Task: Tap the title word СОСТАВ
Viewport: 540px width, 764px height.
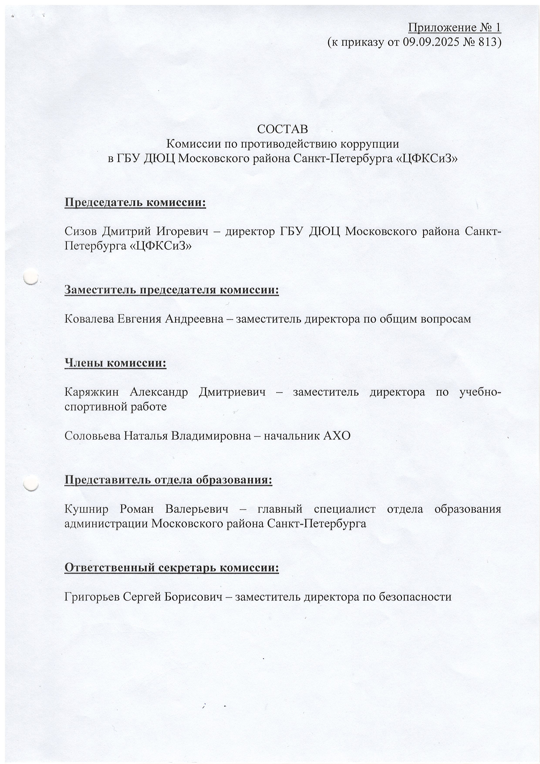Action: pos(282,129)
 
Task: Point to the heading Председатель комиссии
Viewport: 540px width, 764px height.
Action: pos(135,202)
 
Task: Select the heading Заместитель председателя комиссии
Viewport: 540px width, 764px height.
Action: pos(171,290)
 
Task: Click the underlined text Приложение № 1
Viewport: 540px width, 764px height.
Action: pos(454,28)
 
